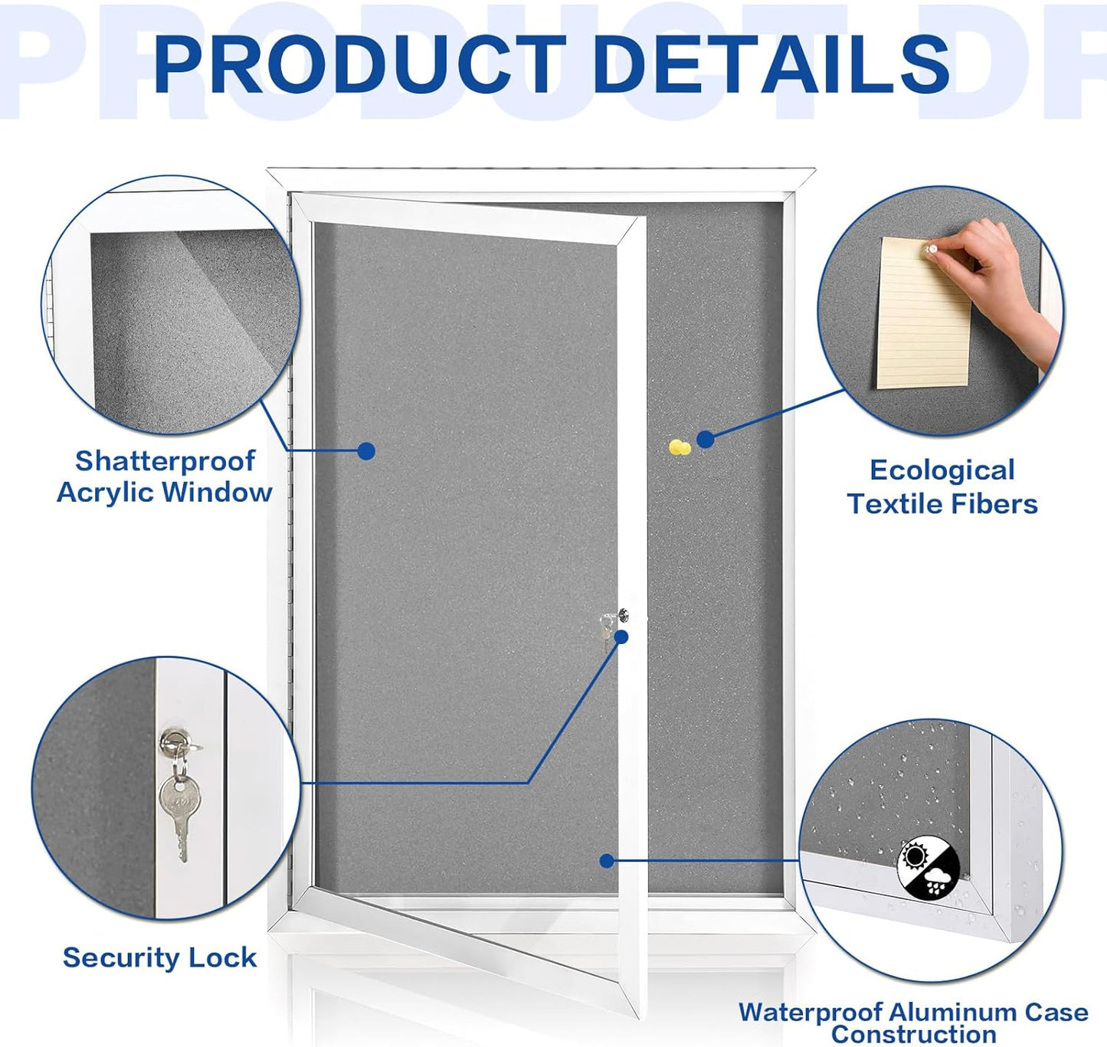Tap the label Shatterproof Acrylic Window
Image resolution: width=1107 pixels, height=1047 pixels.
tap(165, 476)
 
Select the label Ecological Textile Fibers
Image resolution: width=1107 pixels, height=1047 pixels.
tap(942, 487)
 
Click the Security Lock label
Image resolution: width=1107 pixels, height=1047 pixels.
tap(159, 957)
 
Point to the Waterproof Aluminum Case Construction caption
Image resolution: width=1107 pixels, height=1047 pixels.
tap(913, 1022)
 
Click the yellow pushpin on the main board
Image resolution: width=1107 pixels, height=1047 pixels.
tap(679, 448)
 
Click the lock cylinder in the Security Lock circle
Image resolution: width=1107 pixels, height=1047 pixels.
tap(172, 741)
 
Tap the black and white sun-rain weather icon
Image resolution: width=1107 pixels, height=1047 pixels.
tap(929, 869)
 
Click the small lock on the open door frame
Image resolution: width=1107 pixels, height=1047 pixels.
tap(623, 615)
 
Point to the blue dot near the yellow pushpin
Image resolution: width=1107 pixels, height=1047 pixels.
tap(706, 439)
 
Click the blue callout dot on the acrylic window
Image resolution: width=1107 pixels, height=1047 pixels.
tap(366, 451)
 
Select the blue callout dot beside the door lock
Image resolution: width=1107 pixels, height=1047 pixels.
tap(621, 636)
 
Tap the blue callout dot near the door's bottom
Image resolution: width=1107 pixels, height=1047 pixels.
tap(607, 861)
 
